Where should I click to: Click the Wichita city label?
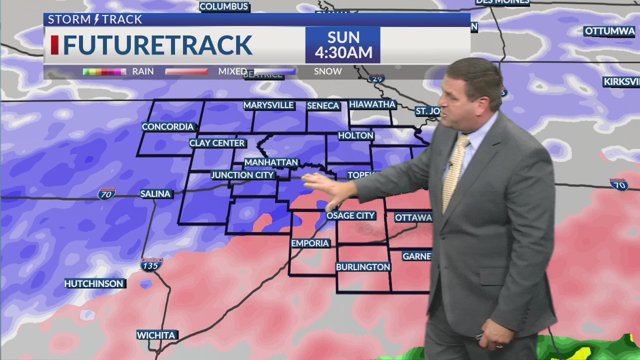[156, 335]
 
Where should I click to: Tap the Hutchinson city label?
[93, 283]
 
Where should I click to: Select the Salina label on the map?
[155, 193]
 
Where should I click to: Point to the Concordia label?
[167, 126]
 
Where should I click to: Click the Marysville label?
[268, 105]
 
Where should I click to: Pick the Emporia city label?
[310, 243]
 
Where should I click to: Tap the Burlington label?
[363, 267]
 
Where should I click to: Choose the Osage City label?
[350, 215]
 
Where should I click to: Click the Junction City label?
[242, 175]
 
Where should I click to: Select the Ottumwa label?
[609, 31]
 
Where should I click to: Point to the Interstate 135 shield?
[150, 265]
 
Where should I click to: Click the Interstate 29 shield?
[376, 78]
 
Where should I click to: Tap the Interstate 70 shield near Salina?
[106, 193]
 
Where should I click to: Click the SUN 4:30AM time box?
[343, 45]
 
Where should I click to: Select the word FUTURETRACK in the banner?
[157, 45]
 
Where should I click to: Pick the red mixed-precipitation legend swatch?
[186, 72]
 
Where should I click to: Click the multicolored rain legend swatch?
[104, 72]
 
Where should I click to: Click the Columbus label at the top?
[223, 6]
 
